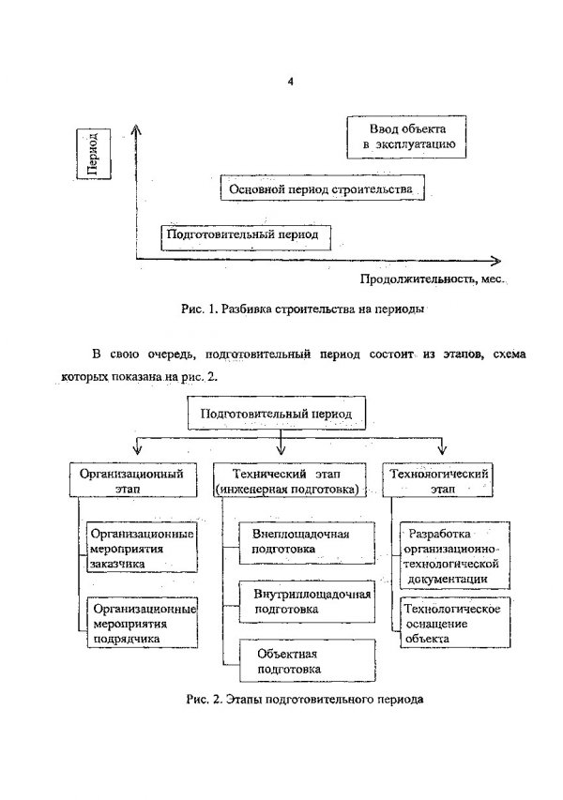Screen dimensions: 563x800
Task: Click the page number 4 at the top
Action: point(291,82)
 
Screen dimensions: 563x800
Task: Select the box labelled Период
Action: point(94,153)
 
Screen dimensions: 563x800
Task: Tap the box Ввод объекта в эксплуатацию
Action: point(406,137)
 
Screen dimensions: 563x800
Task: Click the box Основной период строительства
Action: point(322,188)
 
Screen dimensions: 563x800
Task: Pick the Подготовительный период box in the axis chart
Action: point(246,237)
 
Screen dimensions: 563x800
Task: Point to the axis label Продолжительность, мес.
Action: point(433,279)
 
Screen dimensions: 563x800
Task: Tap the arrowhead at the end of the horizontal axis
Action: point(495,261)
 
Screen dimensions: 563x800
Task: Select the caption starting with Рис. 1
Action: point(302,309)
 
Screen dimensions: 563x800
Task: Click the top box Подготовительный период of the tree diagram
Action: point(277,413)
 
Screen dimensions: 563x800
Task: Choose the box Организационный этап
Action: point(132,479)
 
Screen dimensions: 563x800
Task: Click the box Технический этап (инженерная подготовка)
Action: point(289,479)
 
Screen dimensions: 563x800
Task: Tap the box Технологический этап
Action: point(437,479)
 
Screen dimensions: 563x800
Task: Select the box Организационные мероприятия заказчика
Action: point(142,547)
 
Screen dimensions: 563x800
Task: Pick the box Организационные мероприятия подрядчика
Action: point(142,623)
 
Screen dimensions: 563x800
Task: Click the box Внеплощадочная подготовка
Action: point(307,542)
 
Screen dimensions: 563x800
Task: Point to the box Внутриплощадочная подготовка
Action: point(307,601)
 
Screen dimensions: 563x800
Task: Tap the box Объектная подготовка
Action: point(307,660)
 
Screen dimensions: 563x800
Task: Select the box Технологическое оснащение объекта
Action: point(455,623)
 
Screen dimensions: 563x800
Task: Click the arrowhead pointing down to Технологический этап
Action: point(442,449)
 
